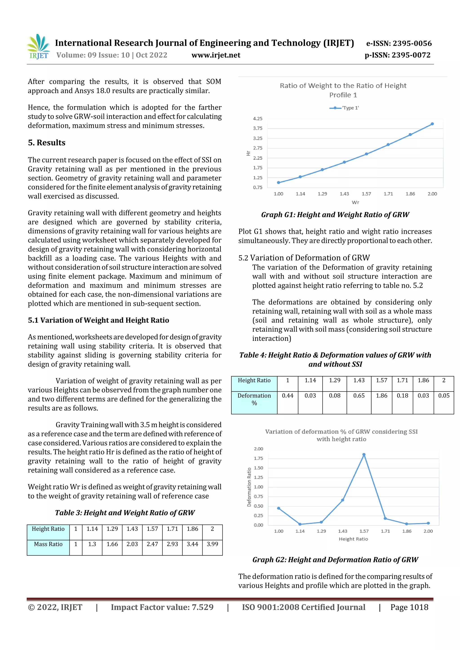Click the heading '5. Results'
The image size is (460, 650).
click(x=46, y=142)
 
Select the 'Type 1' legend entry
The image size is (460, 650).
click(x=344, y=108)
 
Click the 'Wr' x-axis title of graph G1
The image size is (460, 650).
click(x=355, y=202)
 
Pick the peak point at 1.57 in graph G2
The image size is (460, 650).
click(x=364, y=455)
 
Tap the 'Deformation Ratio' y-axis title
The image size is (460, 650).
click(x=249, y=487)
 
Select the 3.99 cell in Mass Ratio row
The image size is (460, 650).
click(x=212, y=544)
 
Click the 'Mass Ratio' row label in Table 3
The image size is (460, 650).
click(x=48, y=544)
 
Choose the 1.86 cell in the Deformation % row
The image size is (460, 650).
click(x=381, y=396)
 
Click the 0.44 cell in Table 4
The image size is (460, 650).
click(x=287, y=396)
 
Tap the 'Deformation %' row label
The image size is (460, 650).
click(x=254, y=399)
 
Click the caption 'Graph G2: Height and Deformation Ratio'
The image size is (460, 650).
click(x=335, y=560)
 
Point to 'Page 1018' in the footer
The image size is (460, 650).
click(x=409, y=607)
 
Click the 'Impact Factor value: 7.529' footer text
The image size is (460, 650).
click(x=162, y=607)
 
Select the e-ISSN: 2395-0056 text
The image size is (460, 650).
click(x=399, y=43)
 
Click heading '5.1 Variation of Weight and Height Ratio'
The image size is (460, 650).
click(x=98, y=320)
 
